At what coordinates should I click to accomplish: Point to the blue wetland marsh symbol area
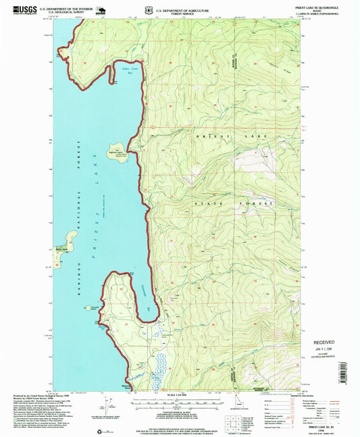pyautogui.click(x=159, y=364)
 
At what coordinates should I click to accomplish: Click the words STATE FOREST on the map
pyautogui.click(x=234, y=203)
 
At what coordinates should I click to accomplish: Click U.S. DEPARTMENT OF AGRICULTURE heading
pyautogui.click(x=183, y=8)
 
